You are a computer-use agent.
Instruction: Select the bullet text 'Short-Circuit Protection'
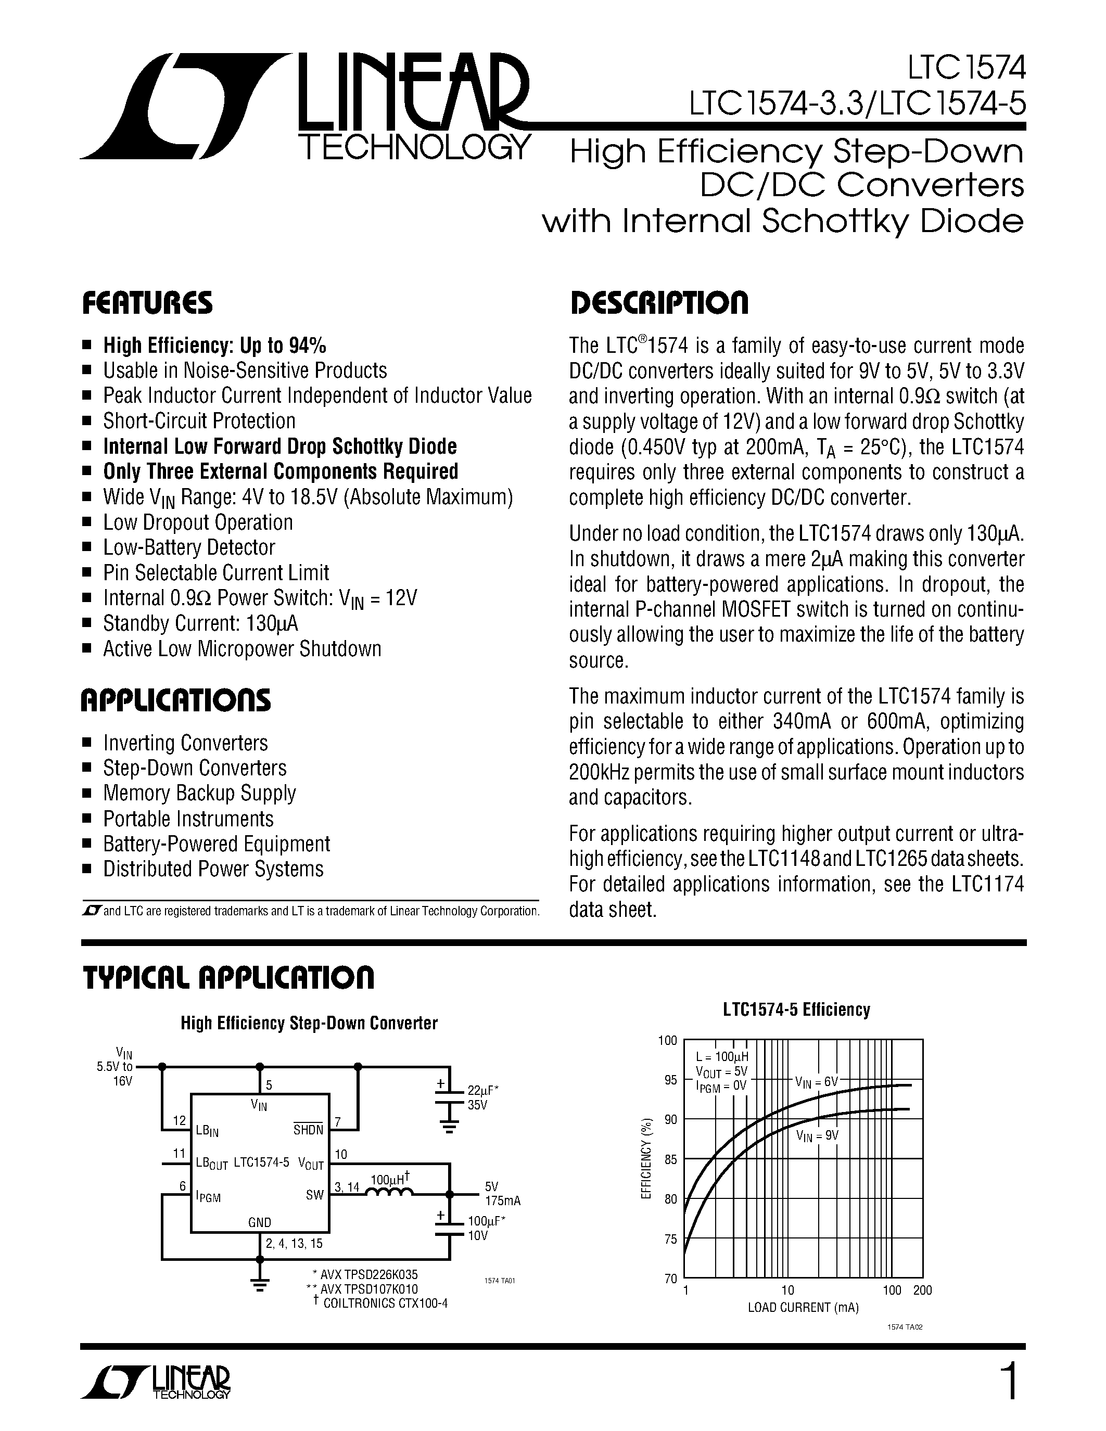tap(199, 420)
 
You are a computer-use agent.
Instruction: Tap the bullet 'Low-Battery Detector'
tap(189, 547)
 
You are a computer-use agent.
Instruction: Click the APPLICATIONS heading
tap(175, 700)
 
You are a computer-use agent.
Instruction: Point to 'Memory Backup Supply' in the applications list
tap(199, 793)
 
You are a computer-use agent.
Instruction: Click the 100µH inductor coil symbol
tap(389, 1194)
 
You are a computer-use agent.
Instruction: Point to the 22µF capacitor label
tap(484, 1091)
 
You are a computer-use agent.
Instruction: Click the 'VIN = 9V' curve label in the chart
tap(817, 1135)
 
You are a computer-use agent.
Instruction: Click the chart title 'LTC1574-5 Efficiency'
tap(796, 1010)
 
